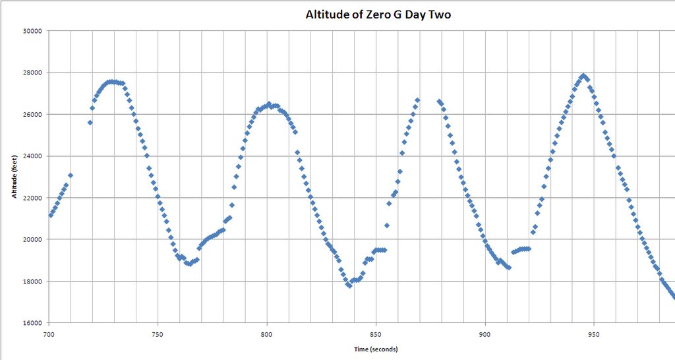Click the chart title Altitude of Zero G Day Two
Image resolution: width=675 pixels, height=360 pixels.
coord(378,15)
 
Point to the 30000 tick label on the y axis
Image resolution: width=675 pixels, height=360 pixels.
coord(32,31)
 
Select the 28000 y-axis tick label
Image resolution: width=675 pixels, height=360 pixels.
coord(32,73)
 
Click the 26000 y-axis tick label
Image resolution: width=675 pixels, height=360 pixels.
coord(32,115)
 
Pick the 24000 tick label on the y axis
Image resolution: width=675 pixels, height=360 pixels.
coord(32,156)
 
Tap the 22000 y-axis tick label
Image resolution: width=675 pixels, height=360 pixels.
coord(32,198)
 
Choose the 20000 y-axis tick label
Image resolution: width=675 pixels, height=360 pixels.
coord(32,240)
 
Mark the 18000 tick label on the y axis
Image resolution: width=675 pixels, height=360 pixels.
coord(32,282)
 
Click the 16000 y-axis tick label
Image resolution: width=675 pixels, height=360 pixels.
coord(32,323)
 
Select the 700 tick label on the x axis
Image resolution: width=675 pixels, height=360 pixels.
coord(49,334)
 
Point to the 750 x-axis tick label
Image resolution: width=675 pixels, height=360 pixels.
coord(158,334)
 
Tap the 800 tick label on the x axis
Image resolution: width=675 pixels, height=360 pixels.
coord(267,334)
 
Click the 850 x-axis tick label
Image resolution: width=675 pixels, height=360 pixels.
coord(376,334)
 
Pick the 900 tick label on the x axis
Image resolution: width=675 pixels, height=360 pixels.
coord(485,334)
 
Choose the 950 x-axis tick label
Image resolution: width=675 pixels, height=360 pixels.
coord(595,334)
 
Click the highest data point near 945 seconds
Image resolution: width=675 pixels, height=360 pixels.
coord(583,76)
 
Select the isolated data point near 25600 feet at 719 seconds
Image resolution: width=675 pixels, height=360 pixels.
coord(90,123)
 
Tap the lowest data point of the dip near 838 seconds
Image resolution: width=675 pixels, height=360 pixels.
coord(349,285)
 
